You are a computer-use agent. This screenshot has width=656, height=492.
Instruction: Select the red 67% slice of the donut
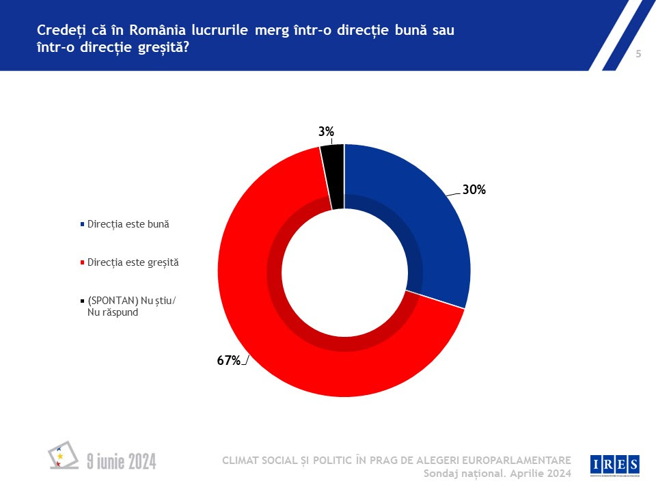273,328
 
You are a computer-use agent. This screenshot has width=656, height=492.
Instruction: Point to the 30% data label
474,191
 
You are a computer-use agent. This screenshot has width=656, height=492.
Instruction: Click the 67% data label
229,361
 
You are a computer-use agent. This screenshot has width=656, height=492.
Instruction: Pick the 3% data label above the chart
326,132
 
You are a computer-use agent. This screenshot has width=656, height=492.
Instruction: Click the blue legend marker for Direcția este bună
83,224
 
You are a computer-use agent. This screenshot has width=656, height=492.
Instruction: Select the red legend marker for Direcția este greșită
83,262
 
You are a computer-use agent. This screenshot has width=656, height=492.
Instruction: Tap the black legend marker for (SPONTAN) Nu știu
83,301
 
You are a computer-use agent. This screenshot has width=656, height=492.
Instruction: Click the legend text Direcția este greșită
133,262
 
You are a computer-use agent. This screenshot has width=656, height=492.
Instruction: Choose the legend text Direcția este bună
128,224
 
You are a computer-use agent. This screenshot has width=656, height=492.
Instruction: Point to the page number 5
638,55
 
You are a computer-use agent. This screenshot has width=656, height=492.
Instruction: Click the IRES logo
615,465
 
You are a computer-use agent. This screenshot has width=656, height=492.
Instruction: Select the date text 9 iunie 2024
122,462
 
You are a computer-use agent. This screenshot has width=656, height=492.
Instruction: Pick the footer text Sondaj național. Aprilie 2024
497,474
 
